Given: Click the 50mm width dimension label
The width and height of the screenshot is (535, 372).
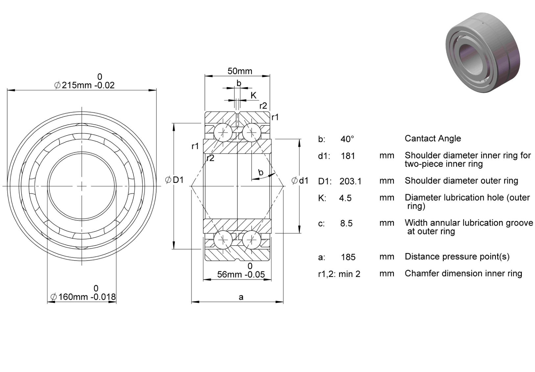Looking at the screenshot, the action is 240,71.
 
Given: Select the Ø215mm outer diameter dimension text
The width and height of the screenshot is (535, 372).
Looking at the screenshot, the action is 85,85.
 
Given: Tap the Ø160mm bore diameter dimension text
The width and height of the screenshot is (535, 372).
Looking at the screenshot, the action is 83,297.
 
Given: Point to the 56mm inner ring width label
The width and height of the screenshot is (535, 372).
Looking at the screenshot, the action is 241,275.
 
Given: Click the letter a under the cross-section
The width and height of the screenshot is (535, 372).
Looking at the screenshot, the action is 241,297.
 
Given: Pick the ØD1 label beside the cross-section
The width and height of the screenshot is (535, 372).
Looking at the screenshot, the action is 175,180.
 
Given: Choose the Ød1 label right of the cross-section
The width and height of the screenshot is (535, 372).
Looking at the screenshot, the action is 300,181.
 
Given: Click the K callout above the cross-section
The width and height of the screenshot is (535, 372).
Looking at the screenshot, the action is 254,95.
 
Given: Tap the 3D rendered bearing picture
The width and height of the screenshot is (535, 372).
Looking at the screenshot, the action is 483,53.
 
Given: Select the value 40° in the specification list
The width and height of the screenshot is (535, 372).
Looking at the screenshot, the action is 347,139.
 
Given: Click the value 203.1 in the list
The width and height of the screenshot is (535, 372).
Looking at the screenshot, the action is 351,181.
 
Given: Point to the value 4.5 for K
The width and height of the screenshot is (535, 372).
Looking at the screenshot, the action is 345,198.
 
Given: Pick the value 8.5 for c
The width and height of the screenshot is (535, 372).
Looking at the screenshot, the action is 346,223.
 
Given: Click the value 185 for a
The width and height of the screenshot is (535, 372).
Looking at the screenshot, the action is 348,257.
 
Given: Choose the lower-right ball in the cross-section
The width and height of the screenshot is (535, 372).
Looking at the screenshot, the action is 252,239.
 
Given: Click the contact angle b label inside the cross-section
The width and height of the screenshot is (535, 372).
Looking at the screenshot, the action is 261,172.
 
